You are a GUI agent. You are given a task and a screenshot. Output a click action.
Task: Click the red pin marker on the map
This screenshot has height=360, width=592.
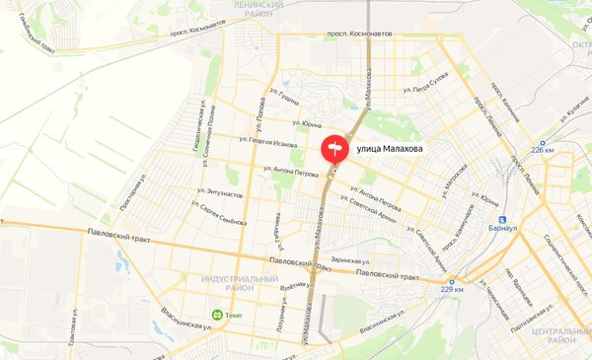(333, 149)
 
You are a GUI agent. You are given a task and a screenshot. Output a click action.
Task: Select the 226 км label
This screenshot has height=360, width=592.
(545, 150)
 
